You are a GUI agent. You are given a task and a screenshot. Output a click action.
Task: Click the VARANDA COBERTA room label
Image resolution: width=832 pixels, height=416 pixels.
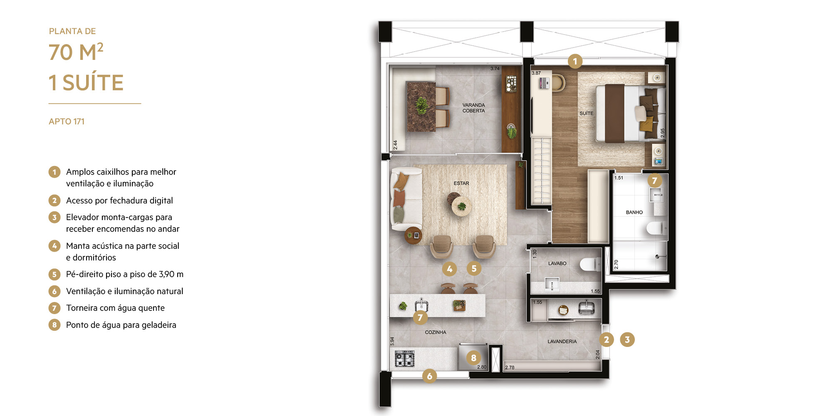pos(473,108)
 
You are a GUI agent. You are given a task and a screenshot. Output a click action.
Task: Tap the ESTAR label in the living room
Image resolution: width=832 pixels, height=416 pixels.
pos(461,183)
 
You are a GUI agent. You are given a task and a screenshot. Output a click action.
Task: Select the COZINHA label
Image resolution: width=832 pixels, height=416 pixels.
pos(436,332)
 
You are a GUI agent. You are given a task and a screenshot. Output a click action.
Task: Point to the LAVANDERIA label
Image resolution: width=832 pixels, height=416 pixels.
pos(562,341)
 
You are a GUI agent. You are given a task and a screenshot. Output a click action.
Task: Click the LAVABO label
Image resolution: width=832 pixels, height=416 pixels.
pos(557,263)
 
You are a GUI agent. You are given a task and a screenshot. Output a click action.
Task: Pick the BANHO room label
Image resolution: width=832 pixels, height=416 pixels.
pos(634,212)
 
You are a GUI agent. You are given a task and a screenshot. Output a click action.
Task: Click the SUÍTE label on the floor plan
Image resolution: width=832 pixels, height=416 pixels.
pos(586,113)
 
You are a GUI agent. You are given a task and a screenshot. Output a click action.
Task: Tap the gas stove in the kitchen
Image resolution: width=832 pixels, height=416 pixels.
pos(404,359)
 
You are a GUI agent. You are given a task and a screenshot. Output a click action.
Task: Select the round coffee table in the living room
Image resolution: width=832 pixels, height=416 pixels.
pos(461,206)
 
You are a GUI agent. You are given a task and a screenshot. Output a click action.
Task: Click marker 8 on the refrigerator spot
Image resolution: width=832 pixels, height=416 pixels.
pos(473,358)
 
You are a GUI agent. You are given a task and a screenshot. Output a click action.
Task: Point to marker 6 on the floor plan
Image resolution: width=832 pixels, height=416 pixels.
pos(429,376)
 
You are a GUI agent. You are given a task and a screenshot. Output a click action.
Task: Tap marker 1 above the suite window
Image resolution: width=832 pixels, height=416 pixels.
pos(575,62)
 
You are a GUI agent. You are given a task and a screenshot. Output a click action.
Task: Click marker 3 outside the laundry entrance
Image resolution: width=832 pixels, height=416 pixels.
pos(627,339)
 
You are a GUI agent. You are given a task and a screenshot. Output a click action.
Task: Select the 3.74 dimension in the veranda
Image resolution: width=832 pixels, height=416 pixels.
pos(495,69)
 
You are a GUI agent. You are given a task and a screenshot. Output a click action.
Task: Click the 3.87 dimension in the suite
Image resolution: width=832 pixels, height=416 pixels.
pos(536,73)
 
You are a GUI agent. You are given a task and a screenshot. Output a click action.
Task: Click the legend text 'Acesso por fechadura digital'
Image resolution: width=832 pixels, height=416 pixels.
pos(119,201)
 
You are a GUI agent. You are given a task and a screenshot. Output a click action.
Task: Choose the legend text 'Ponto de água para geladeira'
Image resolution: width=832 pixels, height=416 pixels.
pos(121,325)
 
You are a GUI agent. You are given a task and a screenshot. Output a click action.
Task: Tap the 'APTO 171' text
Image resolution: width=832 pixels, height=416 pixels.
pos(67,121)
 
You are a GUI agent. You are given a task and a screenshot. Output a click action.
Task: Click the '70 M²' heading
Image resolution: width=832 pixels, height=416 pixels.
pos(76,52)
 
